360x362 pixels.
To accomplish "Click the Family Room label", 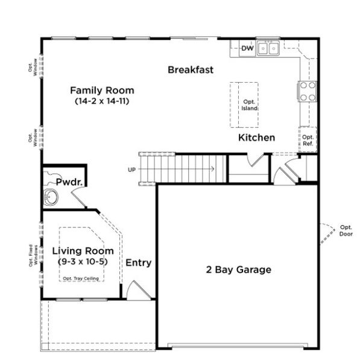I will click(x=103, y=91).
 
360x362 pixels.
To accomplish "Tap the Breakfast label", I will click(x=191, y=70).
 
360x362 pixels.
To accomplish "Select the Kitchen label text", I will click(x=256, y=138).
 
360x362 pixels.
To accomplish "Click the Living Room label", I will click(x=82, y=251).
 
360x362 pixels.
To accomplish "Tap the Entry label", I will click(x=138, y=263).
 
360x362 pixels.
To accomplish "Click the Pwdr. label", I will click(x=69, y=182).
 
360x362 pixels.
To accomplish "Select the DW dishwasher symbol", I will click(x=247, y=48).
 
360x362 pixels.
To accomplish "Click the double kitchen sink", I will click(x=268, y=48).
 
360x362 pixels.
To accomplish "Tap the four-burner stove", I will click(x=308, y=91).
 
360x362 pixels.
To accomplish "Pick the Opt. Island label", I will click(x=250, y=105).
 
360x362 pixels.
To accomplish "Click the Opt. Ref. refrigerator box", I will click(x=308, y=140).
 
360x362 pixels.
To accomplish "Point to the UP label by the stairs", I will click(x=131, y=170).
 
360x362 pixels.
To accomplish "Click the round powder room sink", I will click(x=51, y=197).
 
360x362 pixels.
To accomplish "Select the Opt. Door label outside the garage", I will click(x=346, y=230).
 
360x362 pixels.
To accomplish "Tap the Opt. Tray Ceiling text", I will click(x=81, y=278).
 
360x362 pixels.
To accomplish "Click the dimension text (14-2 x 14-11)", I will click(x=103, y=101).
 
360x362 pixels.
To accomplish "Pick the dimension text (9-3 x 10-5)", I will click(x=82, y=262).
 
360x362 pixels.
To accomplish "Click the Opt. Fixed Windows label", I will click(x=34, y=255).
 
